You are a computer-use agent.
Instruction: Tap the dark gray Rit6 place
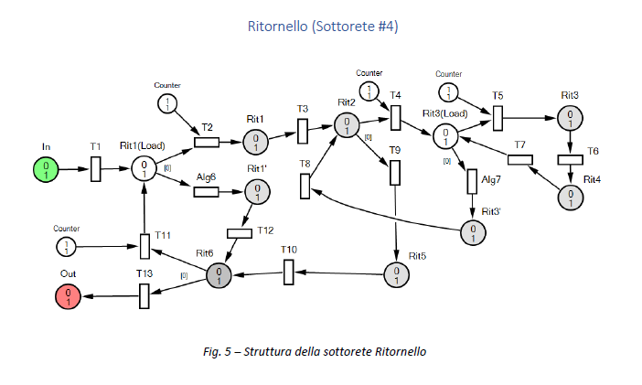coord(219,274)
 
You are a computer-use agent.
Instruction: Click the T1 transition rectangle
coord(96,169)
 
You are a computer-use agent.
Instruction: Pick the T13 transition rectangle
coord(144,295)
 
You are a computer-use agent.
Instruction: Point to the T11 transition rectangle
coord(144,246)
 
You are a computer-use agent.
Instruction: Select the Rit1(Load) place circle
coord(144,169)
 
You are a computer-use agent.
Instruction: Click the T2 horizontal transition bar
coord(206,142)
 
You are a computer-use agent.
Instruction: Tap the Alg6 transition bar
coord(206,191)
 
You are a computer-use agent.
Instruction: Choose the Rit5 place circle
coord(395,274)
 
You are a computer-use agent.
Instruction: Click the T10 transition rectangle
coord(288,272)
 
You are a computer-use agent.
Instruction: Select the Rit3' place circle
coord(473,233)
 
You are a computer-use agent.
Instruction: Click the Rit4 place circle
coord(570,197)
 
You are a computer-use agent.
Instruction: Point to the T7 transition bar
coord(519,160)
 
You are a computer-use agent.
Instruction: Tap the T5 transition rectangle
coord(498,118)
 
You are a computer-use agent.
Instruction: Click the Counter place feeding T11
coord(67,246)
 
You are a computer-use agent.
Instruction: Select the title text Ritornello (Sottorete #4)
coord(322,27)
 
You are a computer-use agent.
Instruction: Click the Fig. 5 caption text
coord(321,351)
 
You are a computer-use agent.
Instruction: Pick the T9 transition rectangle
coord(395,172)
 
